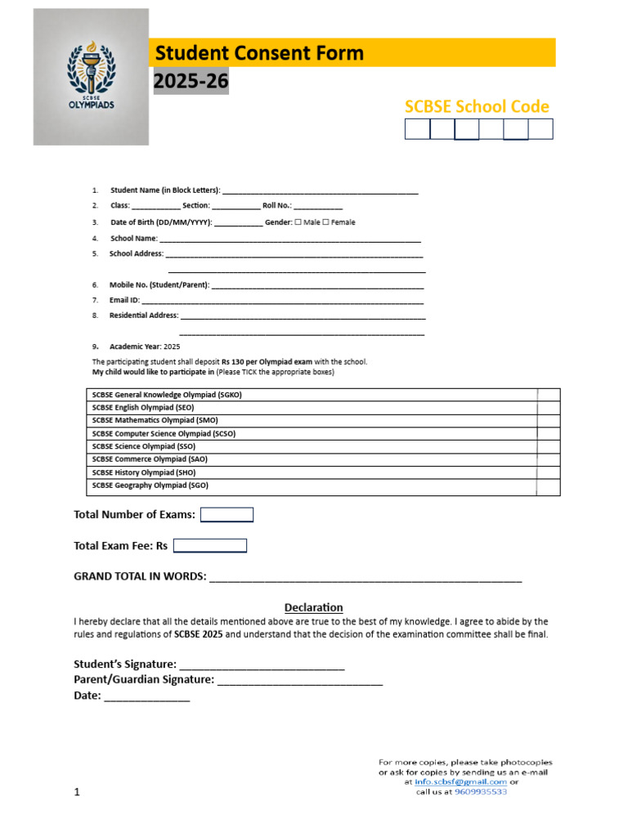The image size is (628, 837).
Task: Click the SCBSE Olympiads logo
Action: (91, 77)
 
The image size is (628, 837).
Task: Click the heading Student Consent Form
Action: (259, 54)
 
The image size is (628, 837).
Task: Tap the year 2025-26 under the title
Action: (191, 82)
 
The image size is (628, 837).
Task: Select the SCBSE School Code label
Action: (477, 106)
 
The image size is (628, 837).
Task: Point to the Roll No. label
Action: (276, 206)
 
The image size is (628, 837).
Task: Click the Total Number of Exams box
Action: (227, 515)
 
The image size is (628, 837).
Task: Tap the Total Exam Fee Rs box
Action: (209, 546)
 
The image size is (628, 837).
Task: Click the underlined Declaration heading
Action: (313, 607)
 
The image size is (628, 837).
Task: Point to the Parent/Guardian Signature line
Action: (300, 680)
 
